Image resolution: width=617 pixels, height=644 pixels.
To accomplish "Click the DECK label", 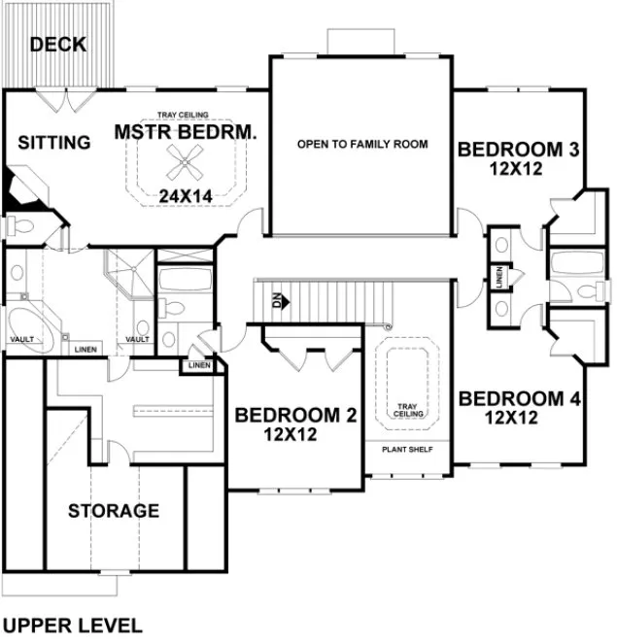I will [x=58, y=45].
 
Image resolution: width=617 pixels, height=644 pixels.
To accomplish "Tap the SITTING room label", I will [x=54, y=143].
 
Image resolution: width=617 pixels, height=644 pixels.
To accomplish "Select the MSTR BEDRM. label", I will [x=185, y=132].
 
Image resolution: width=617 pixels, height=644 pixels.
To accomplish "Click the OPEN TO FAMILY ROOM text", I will [x=362, y=145].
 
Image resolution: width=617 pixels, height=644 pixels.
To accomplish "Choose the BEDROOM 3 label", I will [x=519, y=150].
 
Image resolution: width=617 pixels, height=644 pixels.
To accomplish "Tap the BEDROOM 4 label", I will [x=512, y=399].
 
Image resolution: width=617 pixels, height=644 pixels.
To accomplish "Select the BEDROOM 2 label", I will [x=296, y=416].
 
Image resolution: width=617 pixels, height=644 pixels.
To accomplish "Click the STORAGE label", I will [x=113, y=510].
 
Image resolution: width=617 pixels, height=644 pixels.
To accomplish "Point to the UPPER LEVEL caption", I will [x=73, y=625].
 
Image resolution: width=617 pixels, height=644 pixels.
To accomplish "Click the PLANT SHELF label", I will [x=406, y=450].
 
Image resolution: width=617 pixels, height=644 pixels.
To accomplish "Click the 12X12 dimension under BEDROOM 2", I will [x=291, y=435].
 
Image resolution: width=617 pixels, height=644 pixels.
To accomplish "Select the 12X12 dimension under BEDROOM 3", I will [x=514, y=168].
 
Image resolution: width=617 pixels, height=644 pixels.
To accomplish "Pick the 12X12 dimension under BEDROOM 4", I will [x=512, y=418].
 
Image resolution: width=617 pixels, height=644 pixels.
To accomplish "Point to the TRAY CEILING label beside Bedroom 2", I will [x=406, y=410].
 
